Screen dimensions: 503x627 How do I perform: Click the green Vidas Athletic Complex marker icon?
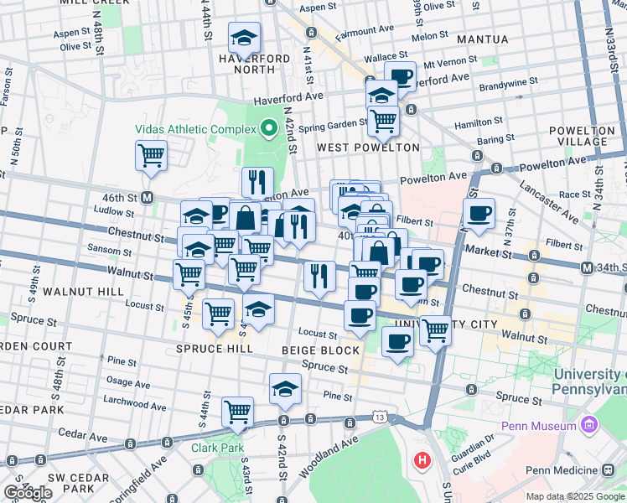[269, 129]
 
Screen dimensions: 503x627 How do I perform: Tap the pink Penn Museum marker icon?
[588, 426]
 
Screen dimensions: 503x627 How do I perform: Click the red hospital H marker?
[422, 460]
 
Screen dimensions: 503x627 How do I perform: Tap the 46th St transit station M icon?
[147, 198]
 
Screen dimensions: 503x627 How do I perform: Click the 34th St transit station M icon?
[587, 267]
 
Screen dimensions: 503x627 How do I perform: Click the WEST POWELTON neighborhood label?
[368, 148]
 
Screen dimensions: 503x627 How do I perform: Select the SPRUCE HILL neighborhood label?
[215, 349]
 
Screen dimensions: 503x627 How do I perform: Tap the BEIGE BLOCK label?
[320, 350]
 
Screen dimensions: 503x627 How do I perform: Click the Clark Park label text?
[216, 448]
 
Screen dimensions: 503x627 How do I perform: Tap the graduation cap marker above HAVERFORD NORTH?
[244, 38]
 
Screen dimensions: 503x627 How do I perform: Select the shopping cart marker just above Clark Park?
[238, 412]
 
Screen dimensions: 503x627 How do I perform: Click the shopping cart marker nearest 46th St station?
[151, 155]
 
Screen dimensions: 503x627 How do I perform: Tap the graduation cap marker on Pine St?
[285, 388]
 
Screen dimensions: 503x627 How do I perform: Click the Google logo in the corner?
[28, 493]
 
